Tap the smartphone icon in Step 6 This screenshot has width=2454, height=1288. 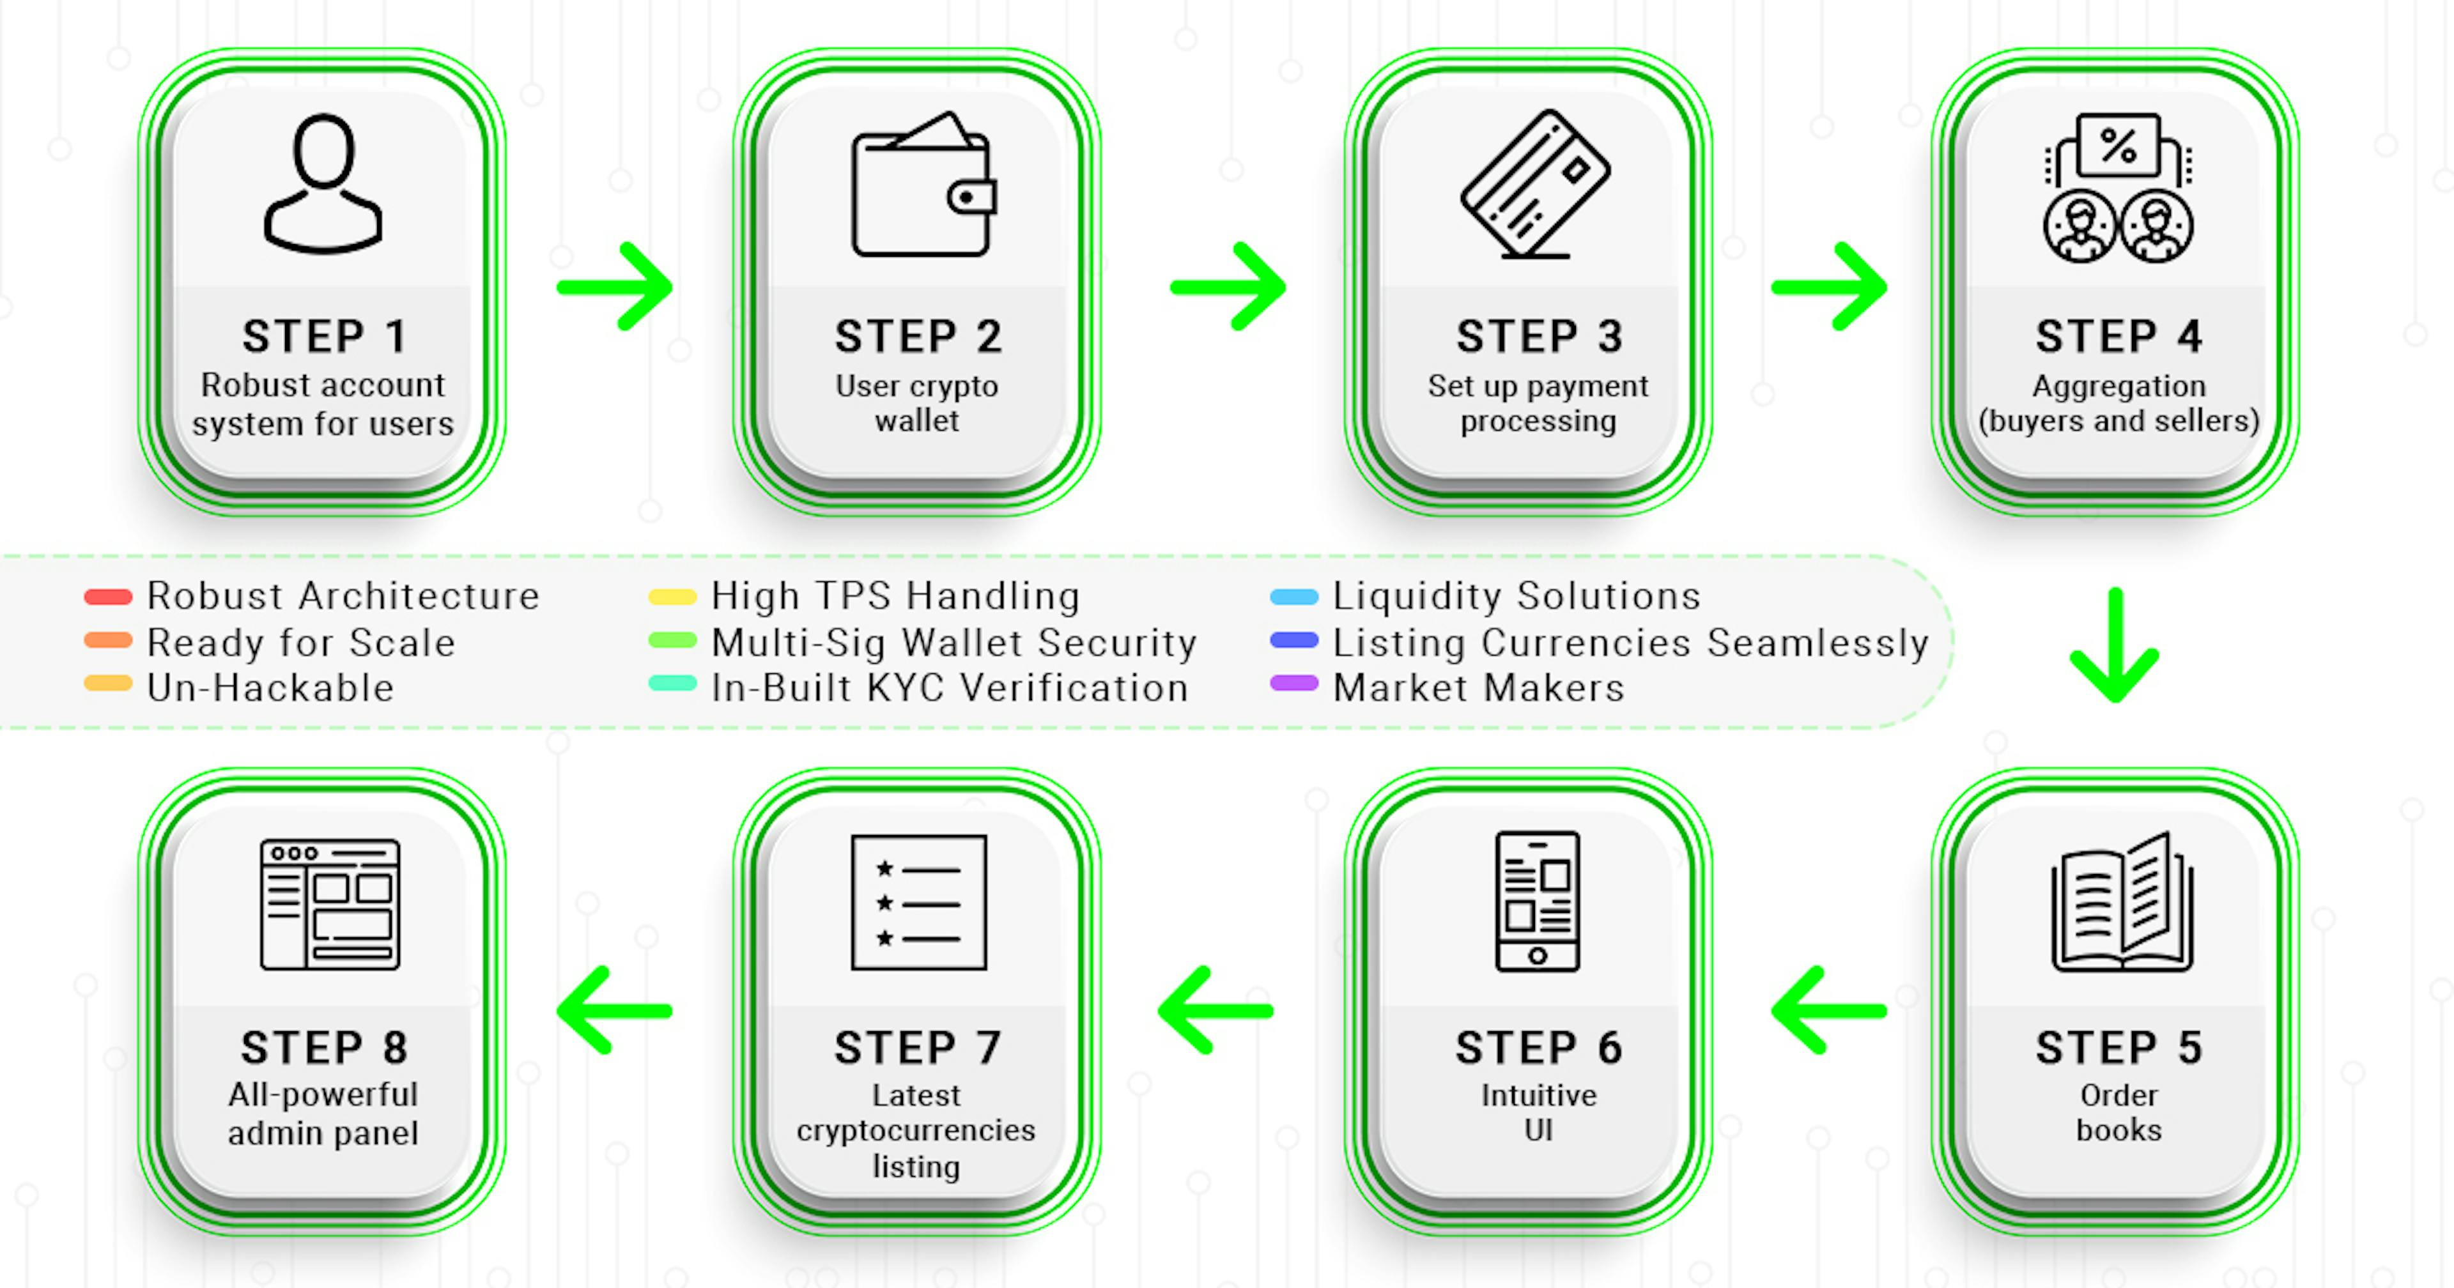[x=1538, y=901]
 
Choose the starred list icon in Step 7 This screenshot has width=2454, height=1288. [x=918, y=902]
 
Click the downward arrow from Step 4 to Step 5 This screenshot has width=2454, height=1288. [x=2115, y=645]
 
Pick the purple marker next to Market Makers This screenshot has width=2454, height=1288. [x=1293, y=683]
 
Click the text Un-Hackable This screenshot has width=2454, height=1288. [x=270, y=688]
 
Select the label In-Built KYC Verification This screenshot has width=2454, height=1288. [x=950, y=688]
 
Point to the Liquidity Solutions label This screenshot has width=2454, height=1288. [x=1516, y=596]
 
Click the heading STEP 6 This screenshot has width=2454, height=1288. [x=1538, y=1048]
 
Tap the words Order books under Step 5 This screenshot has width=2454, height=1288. [x=2118, y=1113]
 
